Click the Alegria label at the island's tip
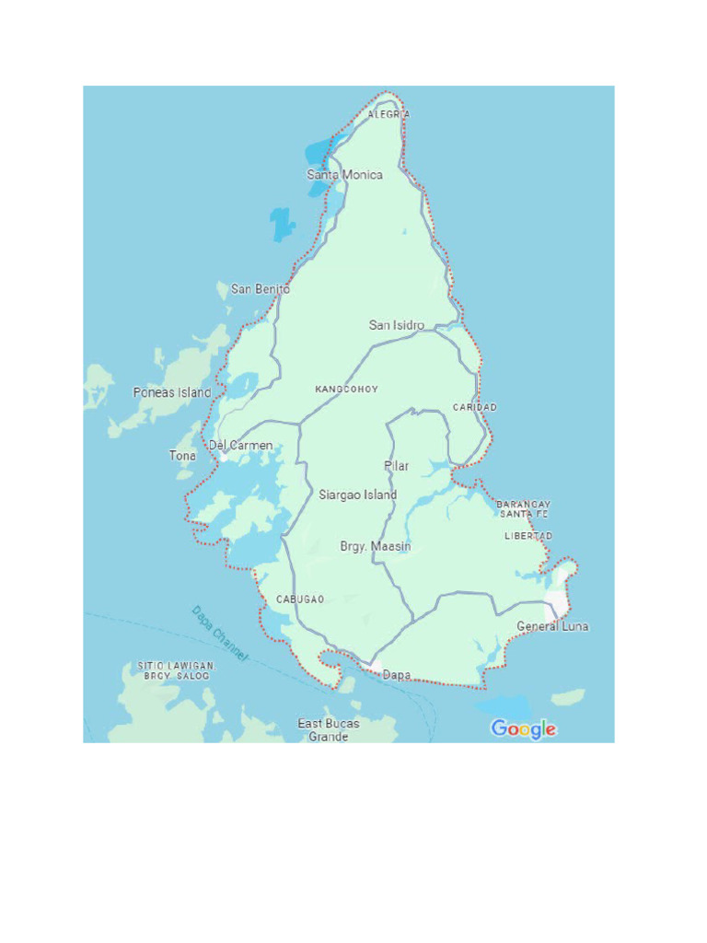pyautogui.click(x=388, y=114)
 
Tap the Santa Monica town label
pyautogui.click(x=344, y=174)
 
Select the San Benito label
pyautogui.click(x=260, y=289)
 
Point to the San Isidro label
pyautogui.click(x=397, y=325)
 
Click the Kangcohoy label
pyautogui.click(x=346, y=390)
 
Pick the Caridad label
pyautogui.click(x=474, y=407)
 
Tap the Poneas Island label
pyautogui.click(x=172, y=392)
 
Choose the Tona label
pyautogui.click(x=182, y=456)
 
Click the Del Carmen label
pyautogui.click(x=240, y=446)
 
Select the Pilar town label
pyautogui.click(x=397, y=466)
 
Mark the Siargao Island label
pyautogui.click(x=357, y=495)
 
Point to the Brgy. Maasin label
pyautogui.click(x=376, y=546)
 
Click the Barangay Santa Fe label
pyautogui.click(x=523, y=509)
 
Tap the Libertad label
pyautogui.click(x=528, y=536)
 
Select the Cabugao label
pyautogui.click(x=300, y=600)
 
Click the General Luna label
pyautogui.click(x=552, y=626)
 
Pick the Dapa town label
pyautogui.click(x=397, y=675)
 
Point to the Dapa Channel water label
pyautogui.click(x=220, y=633)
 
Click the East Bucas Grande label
pyautogui.click(x=329, y=730)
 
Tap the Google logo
pyautogui.click(x=523, y=729)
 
